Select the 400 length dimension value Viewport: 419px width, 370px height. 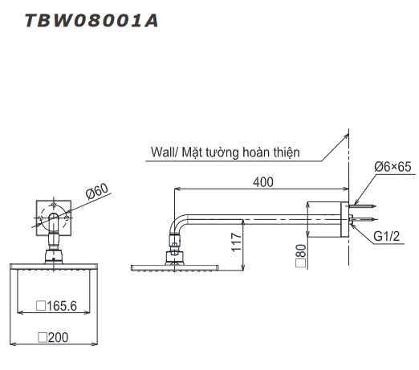coord(262,182)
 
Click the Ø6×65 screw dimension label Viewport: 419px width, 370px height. coord(391,167)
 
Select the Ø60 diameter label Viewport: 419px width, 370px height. coord(96,193)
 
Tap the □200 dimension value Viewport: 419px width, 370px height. coord(54,339)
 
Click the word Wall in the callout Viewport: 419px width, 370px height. coord(164,152)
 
